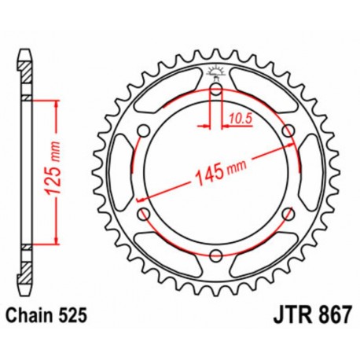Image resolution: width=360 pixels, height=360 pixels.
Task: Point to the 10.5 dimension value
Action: point(240,119)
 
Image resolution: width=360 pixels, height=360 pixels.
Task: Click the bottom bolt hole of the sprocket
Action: point(215,253)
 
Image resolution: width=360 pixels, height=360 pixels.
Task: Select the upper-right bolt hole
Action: point(288,130)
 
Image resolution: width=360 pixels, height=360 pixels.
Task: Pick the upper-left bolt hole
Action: point(143,130)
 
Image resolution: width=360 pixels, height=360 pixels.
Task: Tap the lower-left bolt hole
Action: point(143,212)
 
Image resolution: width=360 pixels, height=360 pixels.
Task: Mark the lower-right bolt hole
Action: point(288,212)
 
